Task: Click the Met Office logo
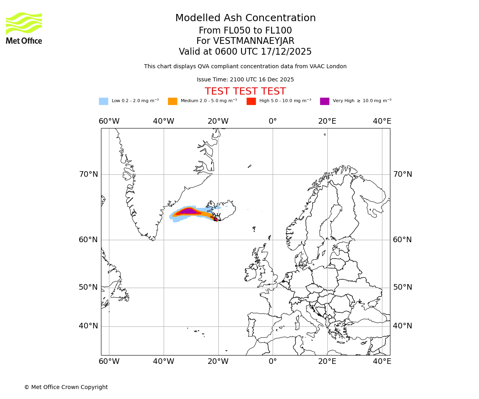click(x=24, y=28)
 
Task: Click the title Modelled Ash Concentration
click(x=245, y=18)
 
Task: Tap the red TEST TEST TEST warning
click(x=245, y=91)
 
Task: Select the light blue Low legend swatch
click(x=103, y=101)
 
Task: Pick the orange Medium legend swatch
click(x=172, y=101)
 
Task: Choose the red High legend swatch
click(x=251, y=101)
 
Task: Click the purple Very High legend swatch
click(x=325, y=101)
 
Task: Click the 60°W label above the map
click(x=109, y=121)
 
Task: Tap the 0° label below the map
click(x=273, y=361)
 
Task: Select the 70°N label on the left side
click(x=88, y=174)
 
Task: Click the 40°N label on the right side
click(x=402, y=326)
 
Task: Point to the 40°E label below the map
click(x=382, y=361)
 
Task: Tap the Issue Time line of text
click(x=245, y=80)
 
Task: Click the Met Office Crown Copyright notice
click(x=66, y=387)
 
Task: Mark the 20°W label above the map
click(x=218, y=121)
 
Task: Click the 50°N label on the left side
click(x=88, y=287)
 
